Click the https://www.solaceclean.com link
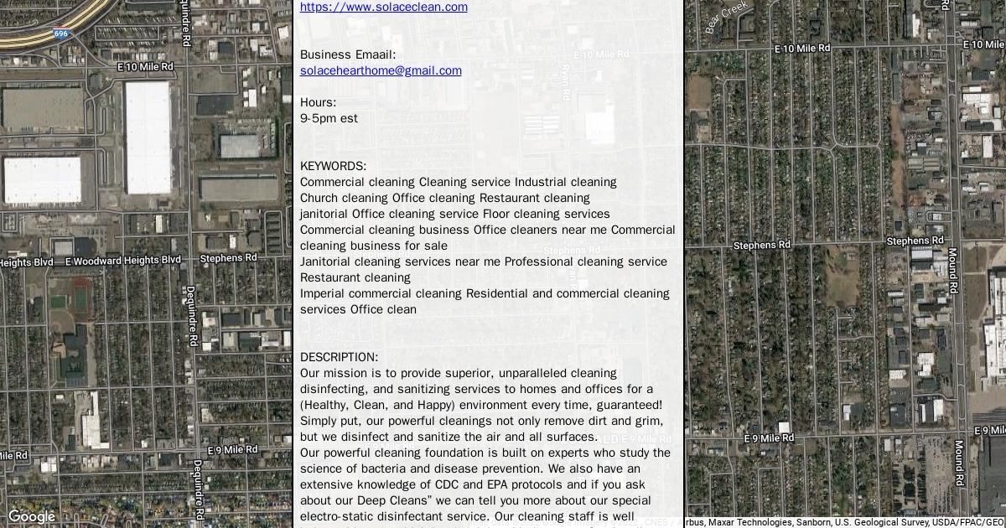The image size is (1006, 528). pos(383,8)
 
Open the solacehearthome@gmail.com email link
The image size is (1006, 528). pos(381,70)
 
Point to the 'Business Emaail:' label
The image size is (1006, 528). pos(347,54)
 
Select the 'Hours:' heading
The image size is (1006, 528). pos(318,102)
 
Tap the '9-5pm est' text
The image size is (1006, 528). pos(329,118)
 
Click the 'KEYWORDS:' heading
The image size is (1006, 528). pos(333,166)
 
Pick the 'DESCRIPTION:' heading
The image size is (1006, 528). pos(339,357)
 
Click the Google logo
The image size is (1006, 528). pos(31,516)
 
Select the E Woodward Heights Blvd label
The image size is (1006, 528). pos(122,261)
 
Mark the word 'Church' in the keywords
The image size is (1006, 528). pos(321,198)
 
